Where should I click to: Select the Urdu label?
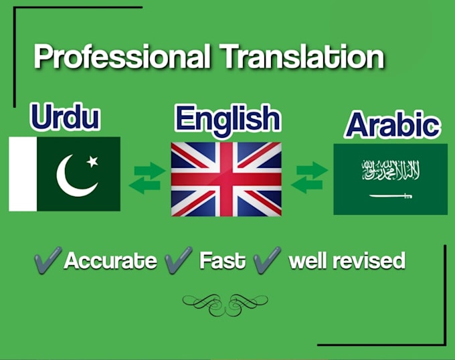pyautogui.click(x=65, y=118)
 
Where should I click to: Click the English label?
pyautogui.click(x=227, y=119)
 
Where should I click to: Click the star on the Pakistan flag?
pyautogui.click(x=92, y=161)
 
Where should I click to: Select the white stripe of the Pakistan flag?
pyautogui.click(x=22, y=174)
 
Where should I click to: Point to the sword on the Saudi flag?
pyautogui.click(x=390, y=195)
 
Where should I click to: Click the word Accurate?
pyautogui.click(x=110, y=260)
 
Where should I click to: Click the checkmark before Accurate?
pyautogui.click(x=48, y=259)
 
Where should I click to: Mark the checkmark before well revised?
pyautogui.click(x=267, y=259)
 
